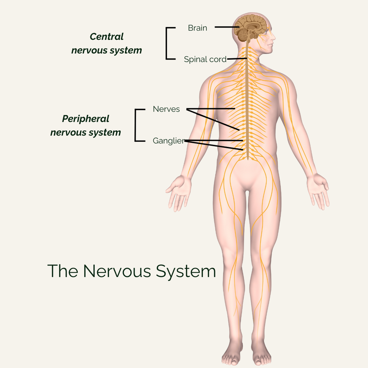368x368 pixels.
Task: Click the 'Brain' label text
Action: point(197,28)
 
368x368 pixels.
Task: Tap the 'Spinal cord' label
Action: point(205,59)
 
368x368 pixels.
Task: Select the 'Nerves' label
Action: point(166,109)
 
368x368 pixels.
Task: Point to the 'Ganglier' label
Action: point(168,141)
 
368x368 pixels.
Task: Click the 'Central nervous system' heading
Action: point(107,43)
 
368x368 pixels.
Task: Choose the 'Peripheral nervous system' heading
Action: point(86,125)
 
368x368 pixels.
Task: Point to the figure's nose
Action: point(274,38)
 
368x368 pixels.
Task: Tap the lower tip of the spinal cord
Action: point(248,159)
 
